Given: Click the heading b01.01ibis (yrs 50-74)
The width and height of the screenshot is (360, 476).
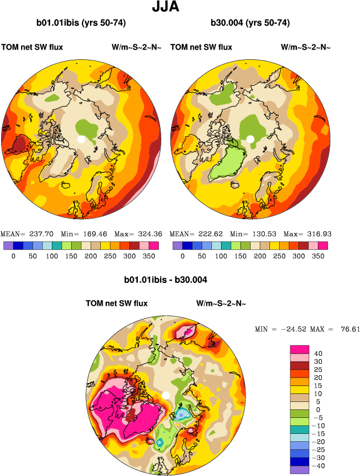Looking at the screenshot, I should pyautogui.click(x=81, y=23).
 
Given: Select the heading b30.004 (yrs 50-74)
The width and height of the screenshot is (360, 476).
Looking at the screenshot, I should pyautogui.click(x=250, y=23).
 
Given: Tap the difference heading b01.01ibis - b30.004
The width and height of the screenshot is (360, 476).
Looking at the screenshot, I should pyautogui.click(x=165, y=280).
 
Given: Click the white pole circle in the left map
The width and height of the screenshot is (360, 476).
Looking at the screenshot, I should pyautogui.click(x=81, y=139).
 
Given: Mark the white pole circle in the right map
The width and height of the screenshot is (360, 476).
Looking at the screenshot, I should pyautogui.click(x=249, y=139).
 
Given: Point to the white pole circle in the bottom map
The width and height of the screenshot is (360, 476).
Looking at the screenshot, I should pyautogui.click(x=166, y=395).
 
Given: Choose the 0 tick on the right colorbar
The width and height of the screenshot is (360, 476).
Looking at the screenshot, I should pyautogui.click(x=182, y=256).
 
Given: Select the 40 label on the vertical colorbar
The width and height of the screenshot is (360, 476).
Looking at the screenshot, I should pyautogui.click(x=318, y=354).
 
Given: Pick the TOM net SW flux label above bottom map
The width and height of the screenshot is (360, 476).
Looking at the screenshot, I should pyautogui.click(x=116, y=303).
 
